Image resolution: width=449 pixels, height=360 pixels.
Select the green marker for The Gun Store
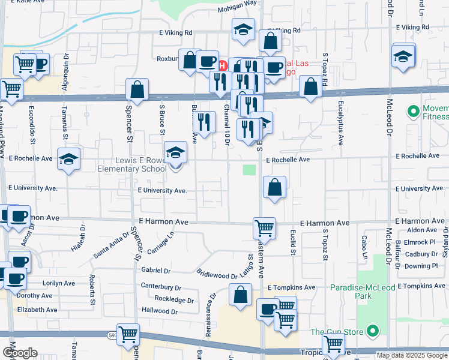tap(373, 331)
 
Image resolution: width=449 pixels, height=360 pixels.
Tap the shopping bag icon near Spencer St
tap(137, 90)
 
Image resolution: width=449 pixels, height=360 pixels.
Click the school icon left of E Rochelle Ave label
tap(68, 159)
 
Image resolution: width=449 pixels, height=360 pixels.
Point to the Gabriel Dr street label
tap(156, 271)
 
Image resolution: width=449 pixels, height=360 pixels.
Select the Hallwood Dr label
tap(160, 311)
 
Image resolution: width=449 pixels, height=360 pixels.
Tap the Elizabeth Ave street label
tap(37, 310)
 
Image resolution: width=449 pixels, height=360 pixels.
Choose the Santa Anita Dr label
tap(111, 245)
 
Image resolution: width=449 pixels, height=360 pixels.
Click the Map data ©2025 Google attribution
tap(411, 355)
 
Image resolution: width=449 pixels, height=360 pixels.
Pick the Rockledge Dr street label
tap(175, 299)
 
